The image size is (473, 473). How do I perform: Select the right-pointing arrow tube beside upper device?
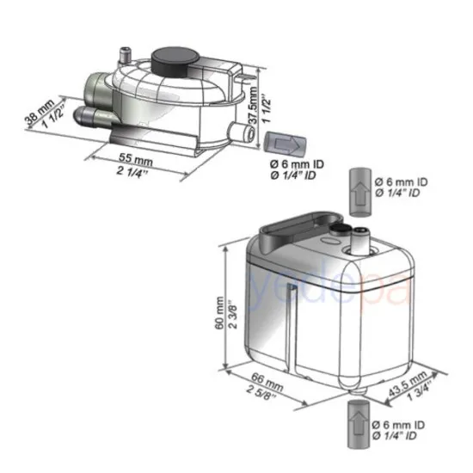(x=280, y=142)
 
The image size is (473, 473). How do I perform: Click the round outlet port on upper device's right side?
(x=236, y=131)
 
